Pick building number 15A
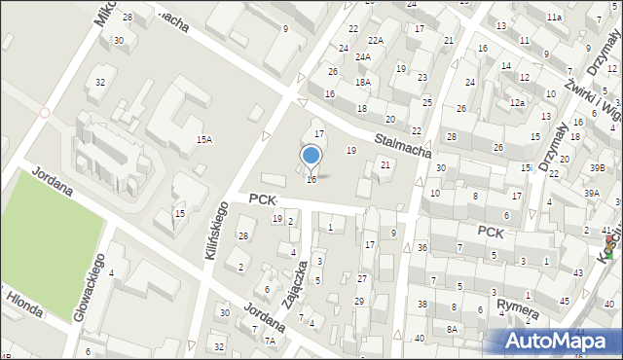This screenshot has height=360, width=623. [x=203, y=140]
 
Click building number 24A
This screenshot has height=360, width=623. [x=362, y=57]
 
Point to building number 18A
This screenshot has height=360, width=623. [x=362, y=83]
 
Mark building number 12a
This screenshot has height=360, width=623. [x=518, y=103]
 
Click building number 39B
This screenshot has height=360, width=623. [x=595, y=167]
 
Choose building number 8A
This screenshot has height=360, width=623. [x=452, y=330]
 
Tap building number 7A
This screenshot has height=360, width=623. [x=270, y=341]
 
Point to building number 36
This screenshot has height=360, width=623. [x=421, y=248]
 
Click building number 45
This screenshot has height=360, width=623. [x=565, y=302]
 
